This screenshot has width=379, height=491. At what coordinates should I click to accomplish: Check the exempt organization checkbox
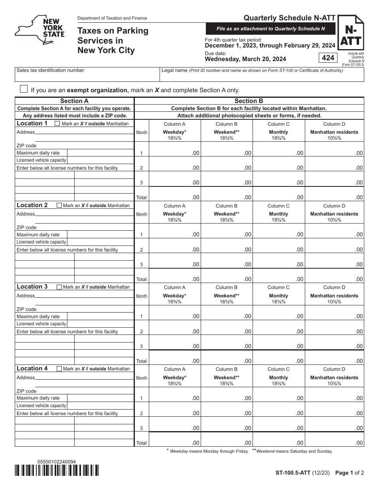pos(24,89)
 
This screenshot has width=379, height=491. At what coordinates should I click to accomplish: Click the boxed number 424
pos(328,58)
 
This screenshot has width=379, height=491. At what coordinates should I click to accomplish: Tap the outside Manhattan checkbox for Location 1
pos(57,124)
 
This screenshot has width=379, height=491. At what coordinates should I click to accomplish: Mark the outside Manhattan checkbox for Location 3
pos(59,287)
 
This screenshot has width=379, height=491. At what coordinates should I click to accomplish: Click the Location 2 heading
pos(32,205)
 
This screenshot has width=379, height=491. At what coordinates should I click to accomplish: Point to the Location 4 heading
pos(32,368)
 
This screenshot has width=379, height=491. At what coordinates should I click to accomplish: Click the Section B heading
pos(249,101)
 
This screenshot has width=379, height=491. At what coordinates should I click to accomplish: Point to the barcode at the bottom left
pos(57,471)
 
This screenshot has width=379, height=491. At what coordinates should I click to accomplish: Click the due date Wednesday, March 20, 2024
pos(245,59)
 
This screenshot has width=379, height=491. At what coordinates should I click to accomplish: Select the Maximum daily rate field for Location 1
pos(100,153)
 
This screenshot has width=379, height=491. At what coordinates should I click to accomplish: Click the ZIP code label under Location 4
pos(26,391)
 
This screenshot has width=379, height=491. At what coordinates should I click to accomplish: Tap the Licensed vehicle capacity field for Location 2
pos(100,242)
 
